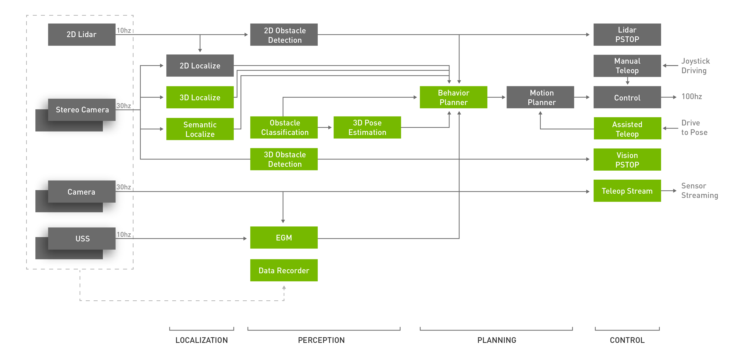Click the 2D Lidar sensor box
pyautogui.click(x=81, y=34)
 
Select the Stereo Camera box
pyautogui.click(x=82, y=110)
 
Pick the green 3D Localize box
pyautogui.click(x=200, y=97)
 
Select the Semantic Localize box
pyautogui.click(x=200, y=129)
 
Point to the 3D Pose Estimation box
pyautogui.click(x=367, y=127)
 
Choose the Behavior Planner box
pyautogui.click(x=453, y=97)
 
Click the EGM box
pyautogui.click(x=284, y=238)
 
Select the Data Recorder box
pyautogui.click(x=284, y=270)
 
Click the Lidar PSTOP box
pyautogui.click(x=627, y=35)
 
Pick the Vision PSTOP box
pyautogui.click(x=627, y=159)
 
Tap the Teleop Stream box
pyautogui.click(x=627, y=191)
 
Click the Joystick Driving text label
pyautogui.click(x=695, y=66)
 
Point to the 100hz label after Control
pyautogui.click(x=692, y=97)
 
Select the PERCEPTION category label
pyautogui.click(x=321, y=340)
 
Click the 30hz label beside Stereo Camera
pyautogui.click(x=124, y=106)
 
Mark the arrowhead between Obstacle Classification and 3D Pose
pyautogui.click(x=330, y=127)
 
